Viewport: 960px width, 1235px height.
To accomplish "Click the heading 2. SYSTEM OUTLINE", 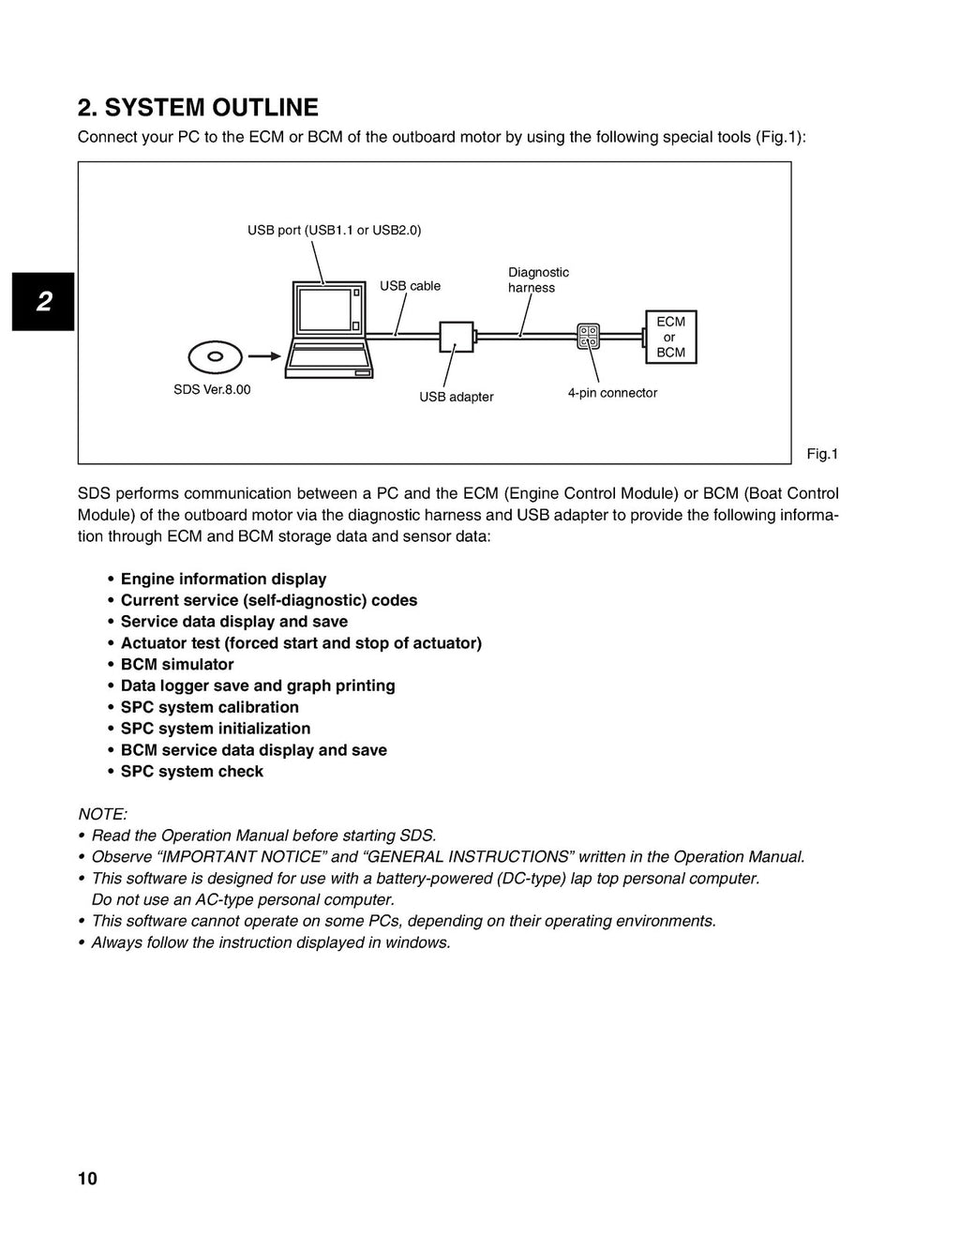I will pyautogui.click(x=198, y=108).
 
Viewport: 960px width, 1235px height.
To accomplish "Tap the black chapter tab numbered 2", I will pyautogui.click(x=43, y=302).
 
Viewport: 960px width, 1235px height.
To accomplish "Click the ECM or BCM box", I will pyautogui.click(x=670, y=337).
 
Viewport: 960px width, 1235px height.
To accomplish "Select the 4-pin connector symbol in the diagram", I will pyautogui.click(x=588, y=336).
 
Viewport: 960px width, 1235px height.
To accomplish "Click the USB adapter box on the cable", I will pyautogui.click(x=457, y=335).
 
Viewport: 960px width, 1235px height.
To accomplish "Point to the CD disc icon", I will pyautogui.click(x=215, y=356).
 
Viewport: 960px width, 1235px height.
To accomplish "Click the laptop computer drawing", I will pyautogui.click(x=329, y=328).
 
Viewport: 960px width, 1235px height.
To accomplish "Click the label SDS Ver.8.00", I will pyautogui.click(x=212, y=389).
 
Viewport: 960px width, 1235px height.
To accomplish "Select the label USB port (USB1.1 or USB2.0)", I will pyautogui.click(x=334, y=230).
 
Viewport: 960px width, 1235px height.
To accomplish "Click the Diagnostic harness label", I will pyautogui.click(x=538, y=279).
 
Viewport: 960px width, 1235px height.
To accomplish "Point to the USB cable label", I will pyautogui.click(x=410, y=286).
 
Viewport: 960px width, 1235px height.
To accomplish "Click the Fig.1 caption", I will pyautogui.click(x=822, y=454).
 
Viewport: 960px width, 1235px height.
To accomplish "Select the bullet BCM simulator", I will pyautogui.click(x=177, y=664).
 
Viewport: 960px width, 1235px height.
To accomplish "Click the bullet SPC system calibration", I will pyautogui.click(x=209, y=707).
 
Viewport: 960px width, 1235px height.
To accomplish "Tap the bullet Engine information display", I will pyautogui.click(x=223, y=579).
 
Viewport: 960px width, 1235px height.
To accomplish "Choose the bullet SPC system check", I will pyautogui.click(x=191, y=771).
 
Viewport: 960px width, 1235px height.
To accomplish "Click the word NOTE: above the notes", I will pyautogui.click(x=102, y=814).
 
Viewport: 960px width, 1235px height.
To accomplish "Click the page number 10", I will pyautogui.click(x=87, y=1179).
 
